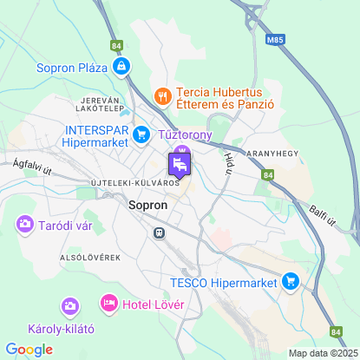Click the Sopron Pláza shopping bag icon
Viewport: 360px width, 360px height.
(122, 66)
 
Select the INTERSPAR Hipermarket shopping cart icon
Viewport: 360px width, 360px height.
(138, 135)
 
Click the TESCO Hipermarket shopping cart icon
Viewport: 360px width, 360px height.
(291, 282)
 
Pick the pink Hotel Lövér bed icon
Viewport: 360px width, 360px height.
(108, 303)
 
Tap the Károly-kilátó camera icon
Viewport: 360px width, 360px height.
(69, 306)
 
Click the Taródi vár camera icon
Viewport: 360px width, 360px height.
(23, 226)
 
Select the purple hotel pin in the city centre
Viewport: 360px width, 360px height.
(180, 163)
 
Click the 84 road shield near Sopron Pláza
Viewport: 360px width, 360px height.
(117, 45)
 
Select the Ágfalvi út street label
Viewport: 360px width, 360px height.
(33, 167)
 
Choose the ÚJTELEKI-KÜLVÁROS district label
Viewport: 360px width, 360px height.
(134, 184)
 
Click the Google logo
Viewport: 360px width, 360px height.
(29, 349)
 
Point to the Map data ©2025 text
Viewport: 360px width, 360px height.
(323, 353)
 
